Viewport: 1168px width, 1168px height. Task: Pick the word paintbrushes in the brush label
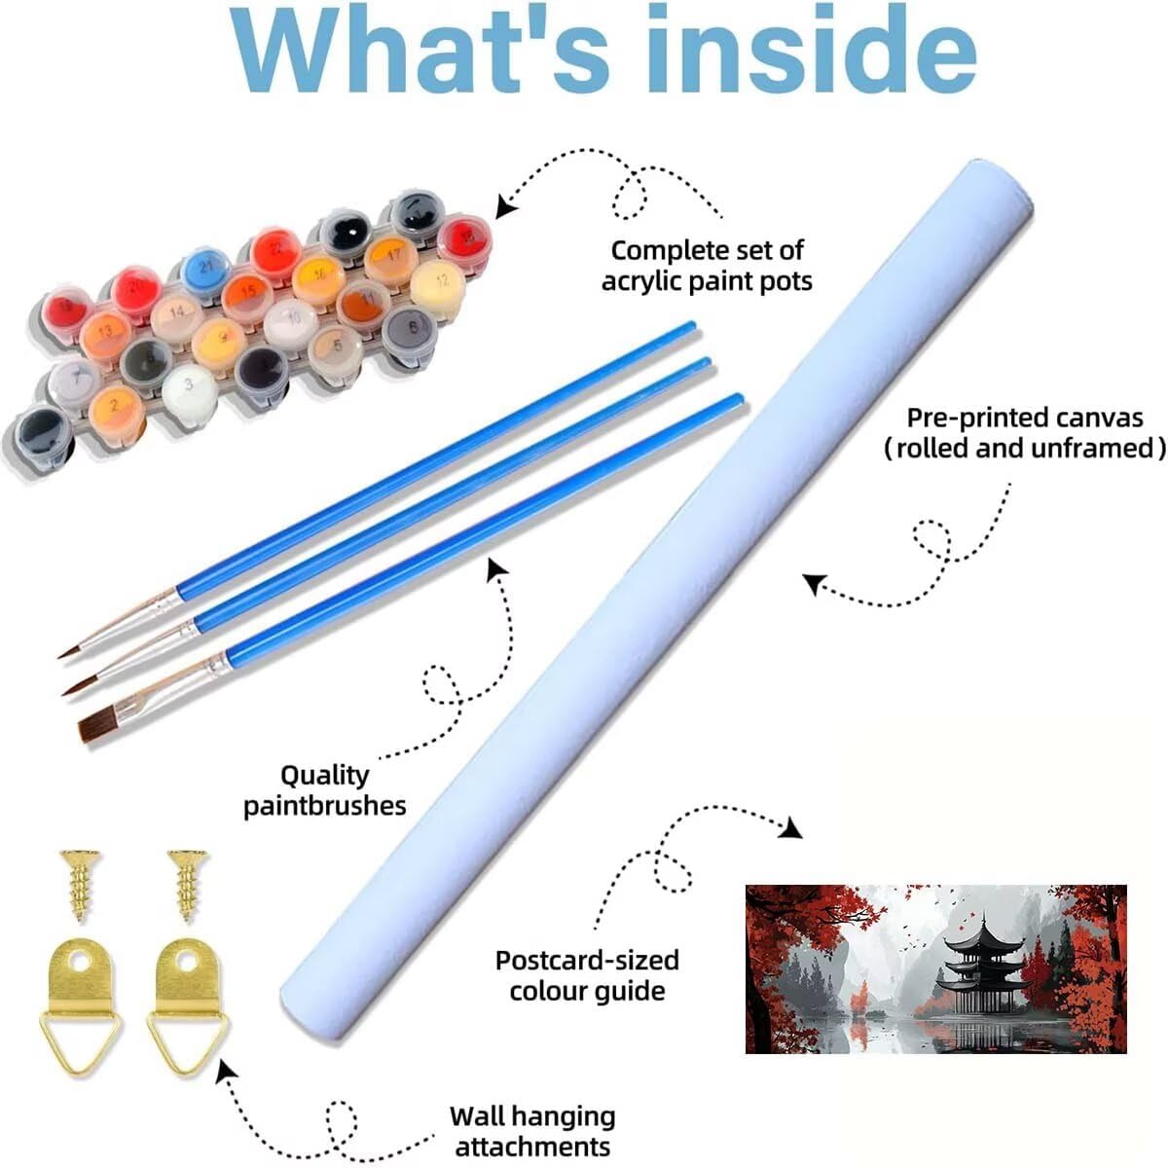[325, 806]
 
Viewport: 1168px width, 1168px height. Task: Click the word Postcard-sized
[587, 960]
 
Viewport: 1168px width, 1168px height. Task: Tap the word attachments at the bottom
[532, 1146]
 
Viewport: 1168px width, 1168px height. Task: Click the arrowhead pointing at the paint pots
[505, 206]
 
